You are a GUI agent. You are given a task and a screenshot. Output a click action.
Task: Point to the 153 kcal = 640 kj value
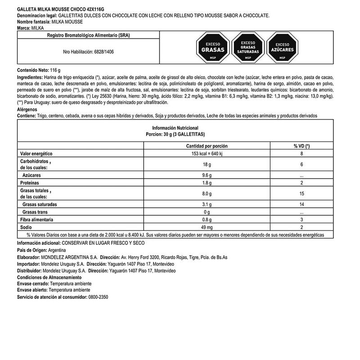click(207, 154)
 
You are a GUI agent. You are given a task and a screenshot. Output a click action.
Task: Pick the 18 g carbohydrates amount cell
click(207, 165)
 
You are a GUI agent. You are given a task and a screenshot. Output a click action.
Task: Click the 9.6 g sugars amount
click(207, 175)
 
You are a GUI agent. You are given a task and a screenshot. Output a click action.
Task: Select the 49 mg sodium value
click(207, 227)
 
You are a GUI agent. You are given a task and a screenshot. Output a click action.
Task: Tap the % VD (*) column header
click(301, 146)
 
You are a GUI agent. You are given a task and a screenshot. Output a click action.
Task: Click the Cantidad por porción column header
click(207, 146)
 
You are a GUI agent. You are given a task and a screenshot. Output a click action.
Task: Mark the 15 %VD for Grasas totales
click(301, 193)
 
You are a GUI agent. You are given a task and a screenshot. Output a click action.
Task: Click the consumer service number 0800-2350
click(98, 297)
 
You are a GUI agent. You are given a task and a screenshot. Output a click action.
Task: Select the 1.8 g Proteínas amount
click(207, 183)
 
